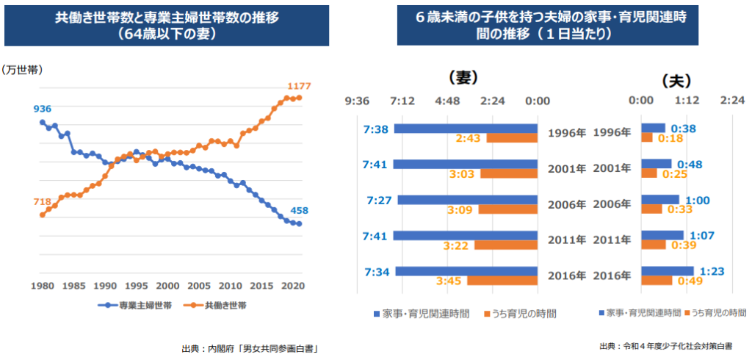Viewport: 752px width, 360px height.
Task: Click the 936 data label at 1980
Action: tap(43, 109)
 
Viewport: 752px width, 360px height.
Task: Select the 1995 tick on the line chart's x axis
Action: tap(137, 286)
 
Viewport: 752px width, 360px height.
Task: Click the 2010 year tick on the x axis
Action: tap(231, 286)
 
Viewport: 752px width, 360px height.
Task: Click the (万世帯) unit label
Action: tap(22, 70)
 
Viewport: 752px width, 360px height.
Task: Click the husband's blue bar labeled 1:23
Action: tap(657, 271)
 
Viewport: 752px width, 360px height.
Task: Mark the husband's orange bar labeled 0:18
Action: tap(647, 137)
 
